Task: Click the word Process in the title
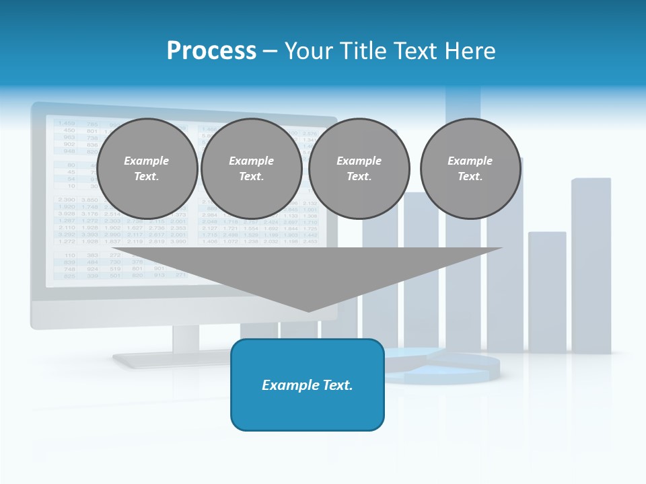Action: [x=211, y=50]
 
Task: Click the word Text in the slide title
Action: [x=417, y=50]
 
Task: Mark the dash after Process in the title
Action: [x=270, y=52]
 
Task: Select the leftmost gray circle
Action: [x=147, y=169]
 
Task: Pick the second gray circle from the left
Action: [x=252, y=169]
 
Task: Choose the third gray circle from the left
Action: [x=359, y=169]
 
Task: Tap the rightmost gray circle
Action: [x=470, y=169]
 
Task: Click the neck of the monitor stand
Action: [x=186, y=340]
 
